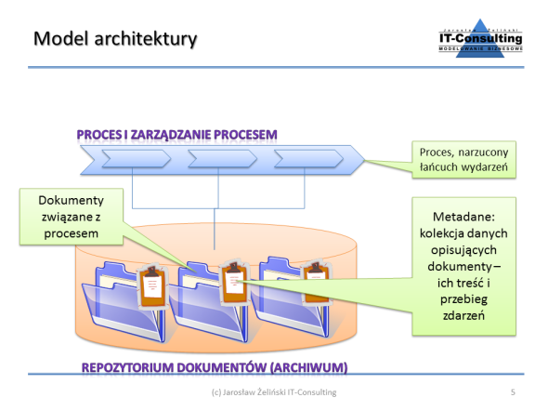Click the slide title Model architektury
point(115,39)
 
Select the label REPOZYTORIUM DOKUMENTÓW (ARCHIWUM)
point(214,367)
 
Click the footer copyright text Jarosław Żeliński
point(273,393)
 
